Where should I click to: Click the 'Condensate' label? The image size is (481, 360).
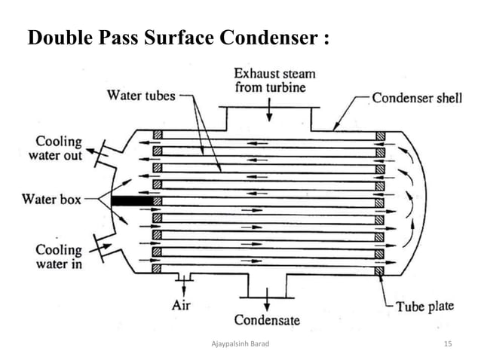coord(266,320)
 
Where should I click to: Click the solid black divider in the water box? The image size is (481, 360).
coord(130,202)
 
